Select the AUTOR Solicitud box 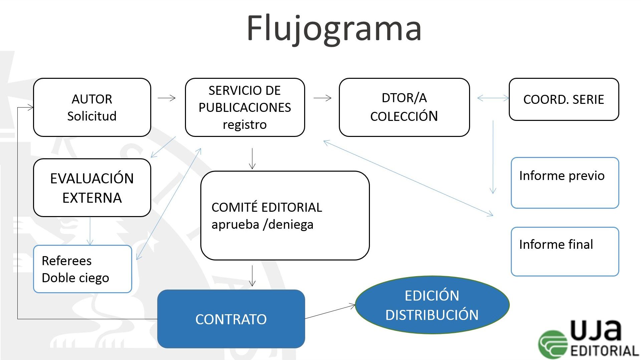(x=92, y=107)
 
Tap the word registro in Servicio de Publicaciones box (x=245, y=125)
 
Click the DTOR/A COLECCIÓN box (x=404, y=107)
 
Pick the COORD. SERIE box (x=564, y=100)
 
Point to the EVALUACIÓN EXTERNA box (x=92, y=188)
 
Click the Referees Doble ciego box (x=82, y=269)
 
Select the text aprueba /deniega (x=262, y=224)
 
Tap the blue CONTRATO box (x=231, y=319)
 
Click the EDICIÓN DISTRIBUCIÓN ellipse (x=432, y=305)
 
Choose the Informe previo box (x=565, y=183)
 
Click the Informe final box (x=565, y=252)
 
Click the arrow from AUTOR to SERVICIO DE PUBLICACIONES (x=167, y=98)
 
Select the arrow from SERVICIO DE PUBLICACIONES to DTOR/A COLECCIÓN (x=323, y=98)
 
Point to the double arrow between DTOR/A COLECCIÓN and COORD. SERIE (x=493, y=98)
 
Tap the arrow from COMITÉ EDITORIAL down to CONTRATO (x=252, y=276)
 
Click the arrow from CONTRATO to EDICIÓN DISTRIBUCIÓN (x=330, y=312)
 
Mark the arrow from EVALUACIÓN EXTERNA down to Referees (x=90, y=231)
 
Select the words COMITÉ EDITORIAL (x=267, y=207)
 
